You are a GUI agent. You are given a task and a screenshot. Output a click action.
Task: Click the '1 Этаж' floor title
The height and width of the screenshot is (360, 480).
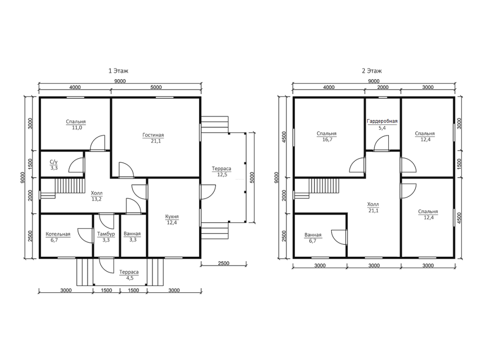[118, 71]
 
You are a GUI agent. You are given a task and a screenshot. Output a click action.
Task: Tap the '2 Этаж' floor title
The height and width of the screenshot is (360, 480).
[372, 71]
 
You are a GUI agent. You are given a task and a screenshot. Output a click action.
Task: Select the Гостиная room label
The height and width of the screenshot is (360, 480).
[153, 135]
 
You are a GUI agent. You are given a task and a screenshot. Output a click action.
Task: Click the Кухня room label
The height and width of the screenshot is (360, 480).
[172, 216]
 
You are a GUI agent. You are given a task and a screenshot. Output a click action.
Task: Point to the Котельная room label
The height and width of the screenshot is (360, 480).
[58, 234]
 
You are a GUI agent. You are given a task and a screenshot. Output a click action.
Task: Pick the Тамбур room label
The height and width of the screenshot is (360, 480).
[106, 234]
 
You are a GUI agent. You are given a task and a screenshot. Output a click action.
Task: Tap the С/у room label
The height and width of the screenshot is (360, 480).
[54, 162]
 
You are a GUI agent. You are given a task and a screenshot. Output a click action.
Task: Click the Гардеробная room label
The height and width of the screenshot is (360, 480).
[382, 121]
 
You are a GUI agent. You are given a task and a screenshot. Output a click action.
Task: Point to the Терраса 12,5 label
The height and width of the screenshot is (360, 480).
[222, 172]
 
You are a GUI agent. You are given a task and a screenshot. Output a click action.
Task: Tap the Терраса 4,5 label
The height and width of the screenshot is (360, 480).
[129, 275]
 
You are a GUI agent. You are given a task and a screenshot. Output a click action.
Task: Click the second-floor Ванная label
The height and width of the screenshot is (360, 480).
[313, 235]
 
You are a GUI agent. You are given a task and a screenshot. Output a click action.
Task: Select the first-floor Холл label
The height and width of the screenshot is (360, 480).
[97, 193]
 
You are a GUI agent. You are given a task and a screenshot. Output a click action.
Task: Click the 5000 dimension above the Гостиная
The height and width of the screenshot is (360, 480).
[156, 87]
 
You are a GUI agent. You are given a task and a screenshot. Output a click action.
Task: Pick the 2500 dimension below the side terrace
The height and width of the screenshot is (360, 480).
[224, 263]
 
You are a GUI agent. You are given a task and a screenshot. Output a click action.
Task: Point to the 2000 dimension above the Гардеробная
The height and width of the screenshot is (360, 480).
[383, 87]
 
